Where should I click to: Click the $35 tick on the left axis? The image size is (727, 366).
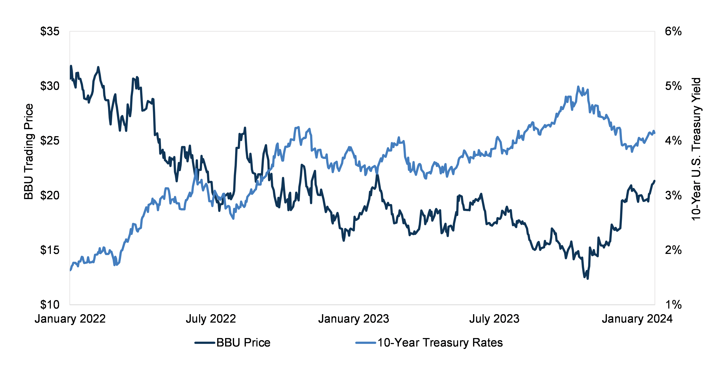click(x=50, y=31)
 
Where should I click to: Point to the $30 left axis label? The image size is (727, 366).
click(x=50, y=86)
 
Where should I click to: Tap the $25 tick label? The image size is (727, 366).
click(x=50, y=141)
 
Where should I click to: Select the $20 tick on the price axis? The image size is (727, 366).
click(x=50, y=195)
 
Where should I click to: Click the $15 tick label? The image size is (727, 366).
click(x=50, y=250)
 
